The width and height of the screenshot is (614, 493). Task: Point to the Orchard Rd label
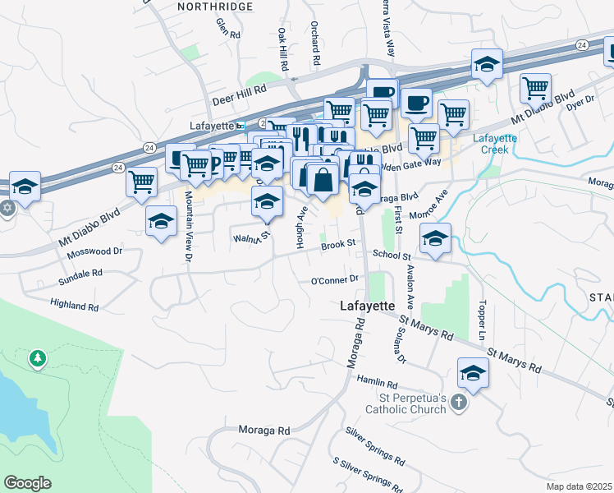[315, 44]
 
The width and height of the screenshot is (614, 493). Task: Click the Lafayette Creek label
[495, 144]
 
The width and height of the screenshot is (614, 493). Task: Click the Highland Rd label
[74, 306]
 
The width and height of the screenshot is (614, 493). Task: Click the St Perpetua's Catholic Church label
[406, 403]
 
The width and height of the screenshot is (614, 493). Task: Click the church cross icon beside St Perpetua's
[459, 403]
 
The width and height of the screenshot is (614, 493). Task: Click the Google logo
[28, 483]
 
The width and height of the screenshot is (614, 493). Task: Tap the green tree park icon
[37, 358]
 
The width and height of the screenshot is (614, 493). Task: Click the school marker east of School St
[435, 238]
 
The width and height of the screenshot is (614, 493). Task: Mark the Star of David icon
[7, 207]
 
